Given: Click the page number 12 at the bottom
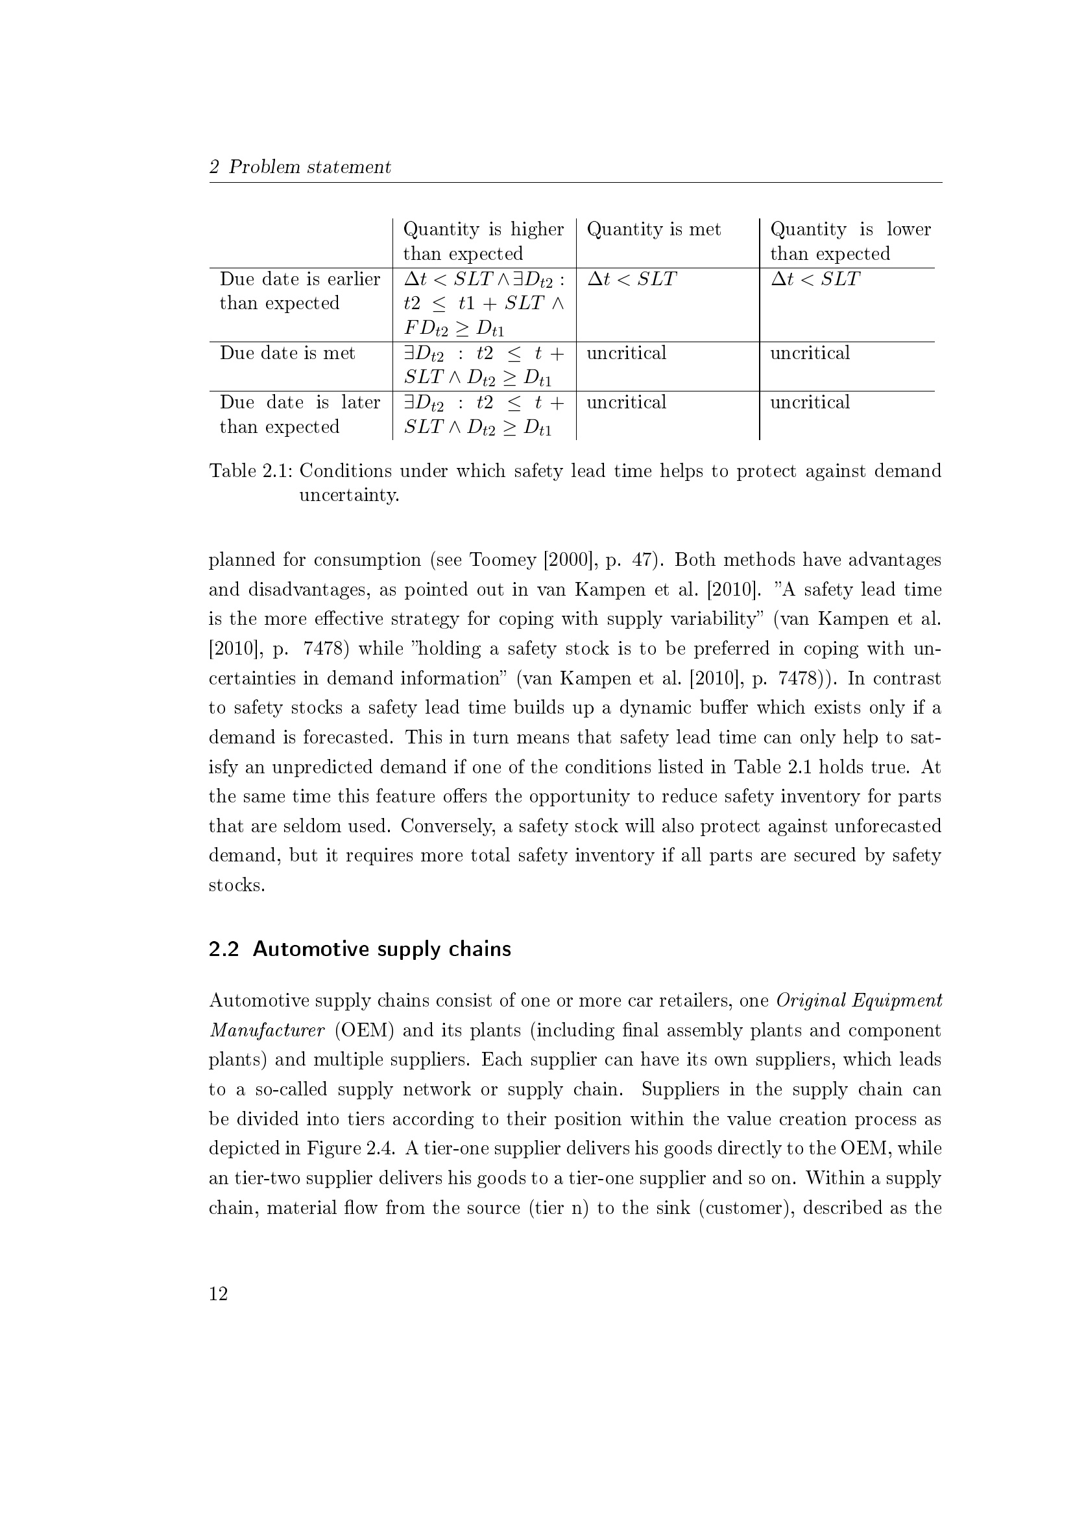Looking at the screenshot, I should tap(218, 1294).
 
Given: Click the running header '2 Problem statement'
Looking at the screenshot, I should tap(300, 167).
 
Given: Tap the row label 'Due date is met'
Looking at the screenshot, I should tap(287, 353).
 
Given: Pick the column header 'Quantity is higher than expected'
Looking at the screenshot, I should tap(483, 241).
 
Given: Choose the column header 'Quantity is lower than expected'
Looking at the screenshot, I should tap(850, 241).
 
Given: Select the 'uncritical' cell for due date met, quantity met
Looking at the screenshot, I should tap(627, 353).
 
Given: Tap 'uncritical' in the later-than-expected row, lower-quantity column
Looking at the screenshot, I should tap(810, 402).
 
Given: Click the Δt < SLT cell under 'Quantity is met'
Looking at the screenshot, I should tap(632, 279).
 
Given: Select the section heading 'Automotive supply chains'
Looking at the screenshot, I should tap(382, 949).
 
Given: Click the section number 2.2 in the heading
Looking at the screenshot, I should tap(223, 949).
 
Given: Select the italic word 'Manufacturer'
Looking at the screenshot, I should tap(267, 1030).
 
